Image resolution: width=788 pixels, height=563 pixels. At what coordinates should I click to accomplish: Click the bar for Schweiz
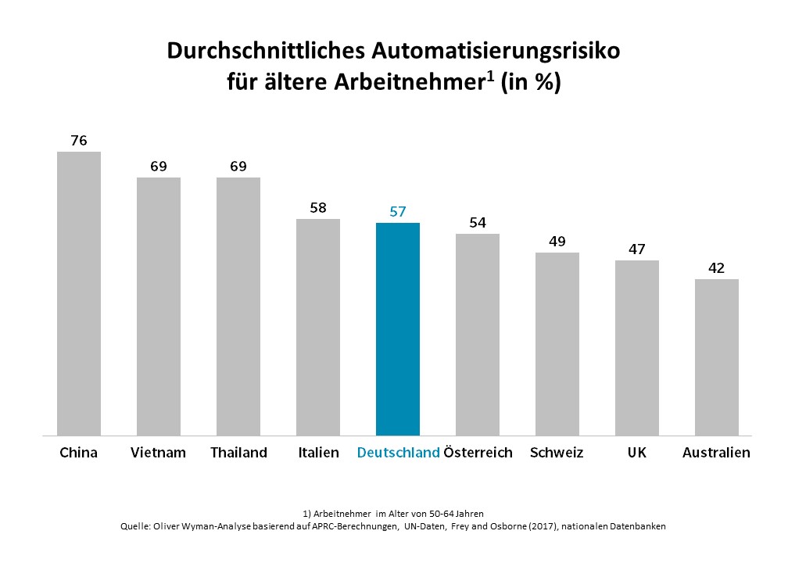557,344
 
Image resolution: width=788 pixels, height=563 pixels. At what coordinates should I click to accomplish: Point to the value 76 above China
79,141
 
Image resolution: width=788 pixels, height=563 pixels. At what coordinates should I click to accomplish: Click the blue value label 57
398,212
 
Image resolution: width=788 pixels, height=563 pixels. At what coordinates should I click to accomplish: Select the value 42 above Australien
717,268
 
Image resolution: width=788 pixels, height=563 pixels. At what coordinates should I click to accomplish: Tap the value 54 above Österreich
478,223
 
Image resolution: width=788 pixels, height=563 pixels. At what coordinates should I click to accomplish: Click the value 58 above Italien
318,208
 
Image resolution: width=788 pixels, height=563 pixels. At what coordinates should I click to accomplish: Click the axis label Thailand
238,453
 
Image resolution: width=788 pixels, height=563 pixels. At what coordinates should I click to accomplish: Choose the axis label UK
637,453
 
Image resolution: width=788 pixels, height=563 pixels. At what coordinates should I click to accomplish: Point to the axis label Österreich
478,453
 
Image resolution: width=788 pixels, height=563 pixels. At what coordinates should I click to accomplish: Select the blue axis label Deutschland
398,453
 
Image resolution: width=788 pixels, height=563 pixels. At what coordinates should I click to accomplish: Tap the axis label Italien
318,453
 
